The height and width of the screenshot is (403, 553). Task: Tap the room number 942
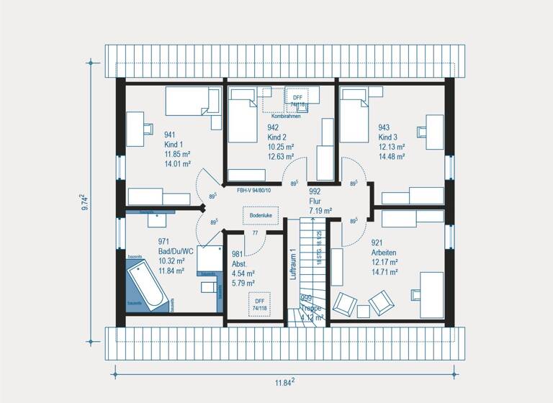point(273,127)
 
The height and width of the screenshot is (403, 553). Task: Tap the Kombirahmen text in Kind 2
point(286,116)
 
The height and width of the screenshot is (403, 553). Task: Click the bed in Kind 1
point(192,101)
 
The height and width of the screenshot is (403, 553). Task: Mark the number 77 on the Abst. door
point(255,233)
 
